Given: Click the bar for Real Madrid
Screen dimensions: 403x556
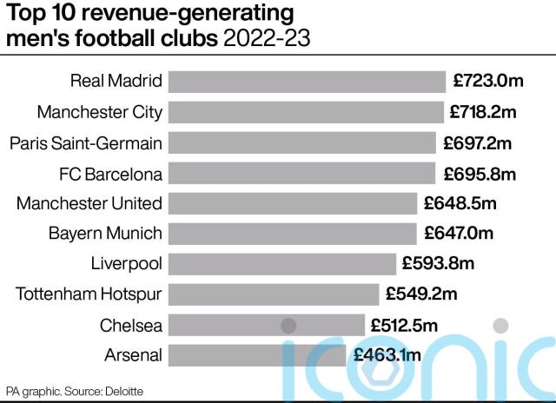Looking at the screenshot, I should point(306,82).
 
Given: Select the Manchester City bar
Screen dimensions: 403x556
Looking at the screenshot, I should point(304,112).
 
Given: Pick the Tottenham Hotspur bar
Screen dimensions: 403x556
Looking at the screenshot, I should point(273,294).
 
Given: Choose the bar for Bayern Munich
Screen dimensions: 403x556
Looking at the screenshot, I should point(292,233).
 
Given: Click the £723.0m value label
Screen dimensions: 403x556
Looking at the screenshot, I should point(489,82).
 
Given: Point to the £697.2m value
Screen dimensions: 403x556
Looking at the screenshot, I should point(478,142).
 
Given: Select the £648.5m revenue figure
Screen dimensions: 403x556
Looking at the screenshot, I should point(460,203).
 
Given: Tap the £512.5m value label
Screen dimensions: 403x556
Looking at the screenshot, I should point(406,325).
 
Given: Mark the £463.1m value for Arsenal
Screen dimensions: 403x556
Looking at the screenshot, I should point(387,354).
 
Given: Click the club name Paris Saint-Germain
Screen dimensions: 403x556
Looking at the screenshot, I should point(86,142).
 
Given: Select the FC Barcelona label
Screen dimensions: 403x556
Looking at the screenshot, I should point(110,173).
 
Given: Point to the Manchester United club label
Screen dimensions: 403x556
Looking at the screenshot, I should point(89,203).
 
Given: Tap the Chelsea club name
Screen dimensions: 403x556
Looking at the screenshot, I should point(131,324).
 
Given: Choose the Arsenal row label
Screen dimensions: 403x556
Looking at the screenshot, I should point(133,354).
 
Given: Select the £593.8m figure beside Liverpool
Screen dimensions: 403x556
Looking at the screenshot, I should point(438,263).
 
